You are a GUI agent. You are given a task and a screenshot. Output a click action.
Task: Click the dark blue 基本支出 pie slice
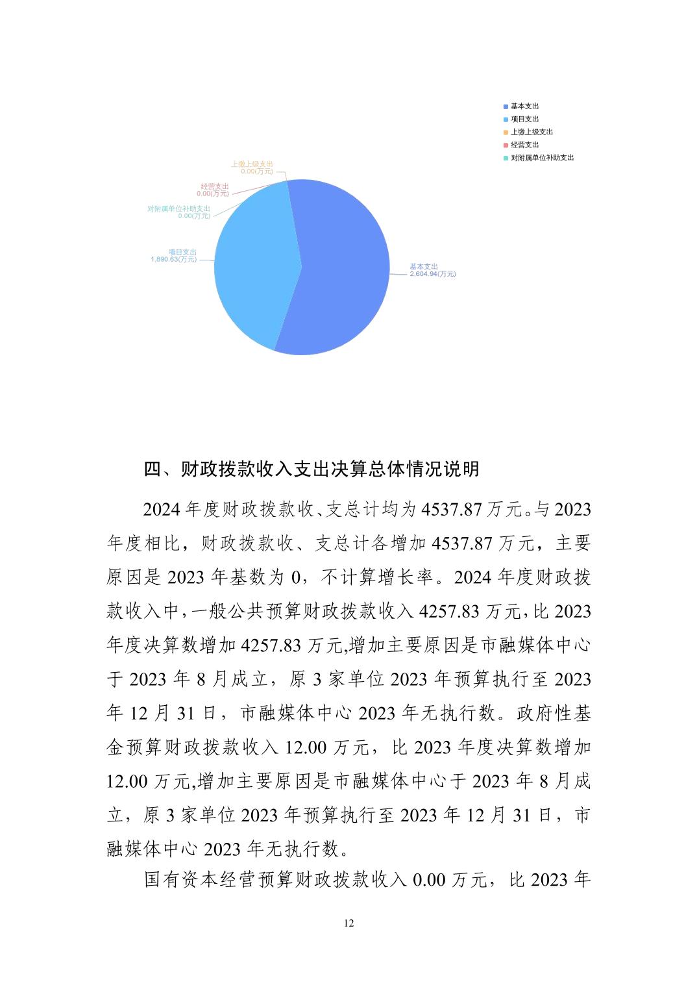click(344, 273)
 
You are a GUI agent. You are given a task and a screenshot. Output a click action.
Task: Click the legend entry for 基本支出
click(524, 106)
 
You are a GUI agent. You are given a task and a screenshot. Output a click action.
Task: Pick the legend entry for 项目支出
click(524, 119)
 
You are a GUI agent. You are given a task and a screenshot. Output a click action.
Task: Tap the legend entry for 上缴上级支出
click(532, 132)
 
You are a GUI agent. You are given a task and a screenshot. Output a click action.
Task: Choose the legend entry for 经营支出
click(524, 145)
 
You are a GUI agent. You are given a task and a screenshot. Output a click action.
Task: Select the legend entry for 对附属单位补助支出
click(542, 158)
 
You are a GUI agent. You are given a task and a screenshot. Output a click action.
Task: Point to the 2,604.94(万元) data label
click(432, 274)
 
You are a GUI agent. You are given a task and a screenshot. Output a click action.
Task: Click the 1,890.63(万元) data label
click(173, 259)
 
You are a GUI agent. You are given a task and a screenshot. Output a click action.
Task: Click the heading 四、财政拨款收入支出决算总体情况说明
click(312, 469)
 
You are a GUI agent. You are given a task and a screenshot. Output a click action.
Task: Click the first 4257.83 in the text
click(450, 611)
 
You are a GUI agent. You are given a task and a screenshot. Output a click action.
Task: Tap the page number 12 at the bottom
click(348, 923)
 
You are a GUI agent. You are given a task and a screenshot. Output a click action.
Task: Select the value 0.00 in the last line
click(429, 880)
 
